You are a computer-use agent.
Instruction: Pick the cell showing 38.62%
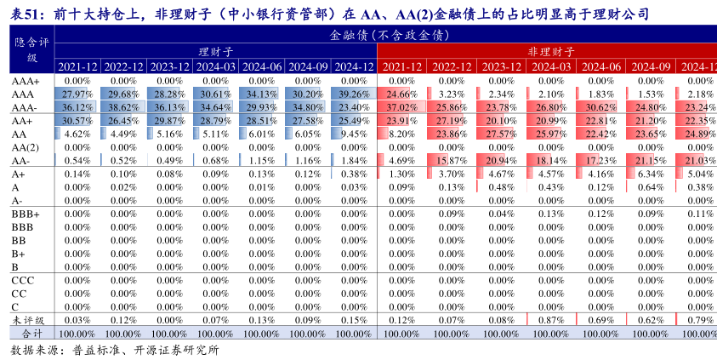[x=122, y=108]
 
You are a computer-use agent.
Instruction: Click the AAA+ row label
[x=26, y=81]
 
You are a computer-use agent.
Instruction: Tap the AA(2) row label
[x=26, y=147]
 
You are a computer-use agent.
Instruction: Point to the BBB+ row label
[x=26, y=214]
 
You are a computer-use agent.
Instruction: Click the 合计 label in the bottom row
[x=31, y=333]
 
